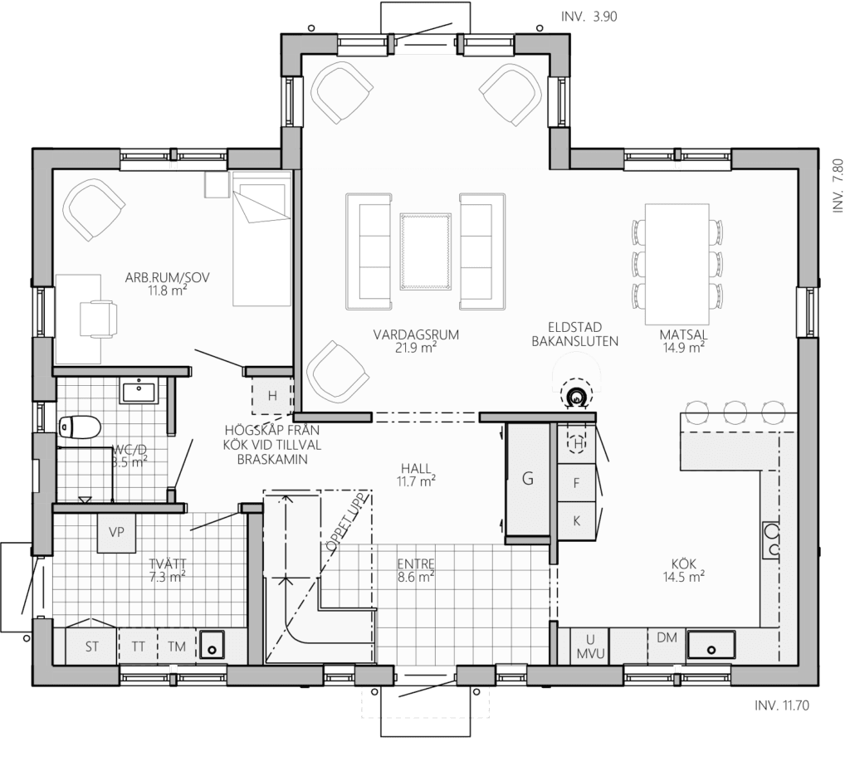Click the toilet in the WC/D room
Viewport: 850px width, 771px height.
coord(79,427)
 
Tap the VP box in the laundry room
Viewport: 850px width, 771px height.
coord(116,533)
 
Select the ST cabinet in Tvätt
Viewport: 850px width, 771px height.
coord(91,646)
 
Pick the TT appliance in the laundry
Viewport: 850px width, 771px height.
coord(139,646)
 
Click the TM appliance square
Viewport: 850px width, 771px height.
coord(177,646)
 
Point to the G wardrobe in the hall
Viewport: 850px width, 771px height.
coord(527,478)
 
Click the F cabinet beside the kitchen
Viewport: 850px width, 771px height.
coord(577,483)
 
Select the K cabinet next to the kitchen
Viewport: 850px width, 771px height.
coord(577,521)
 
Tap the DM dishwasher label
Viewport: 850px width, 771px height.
coord(667,637)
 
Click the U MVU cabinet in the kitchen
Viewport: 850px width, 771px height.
coord(590,647)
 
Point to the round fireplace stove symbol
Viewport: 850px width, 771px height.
coord(577,398)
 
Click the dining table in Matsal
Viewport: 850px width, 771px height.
coord(677,264)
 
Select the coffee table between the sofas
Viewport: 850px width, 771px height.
coord(426,251)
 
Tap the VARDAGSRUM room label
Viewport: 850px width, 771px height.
coord(416,334)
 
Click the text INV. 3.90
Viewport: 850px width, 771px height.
coord(589,17)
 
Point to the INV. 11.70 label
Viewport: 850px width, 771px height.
coord(782,705)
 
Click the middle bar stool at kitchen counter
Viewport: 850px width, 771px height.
coord(735,412)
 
